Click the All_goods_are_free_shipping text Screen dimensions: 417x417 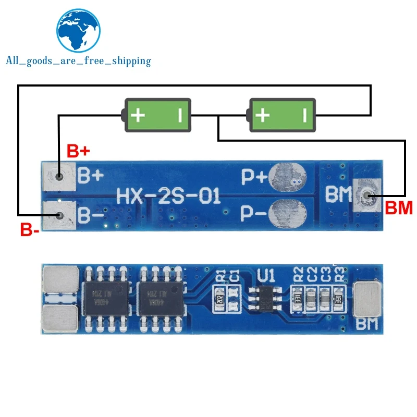pyautogui.click(x=78, y=61)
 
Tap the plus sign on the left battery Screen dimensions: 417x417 pyautogui.click(x=138, y=115)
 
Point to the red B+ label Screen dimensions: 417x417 pyautogui.click(x=79, y=152)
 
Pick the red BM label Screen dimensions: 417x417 pyautogui.click(x=398, y=208)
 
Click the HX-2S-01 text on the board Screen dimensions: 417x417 pyautogui.click(x=168, y=196)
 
